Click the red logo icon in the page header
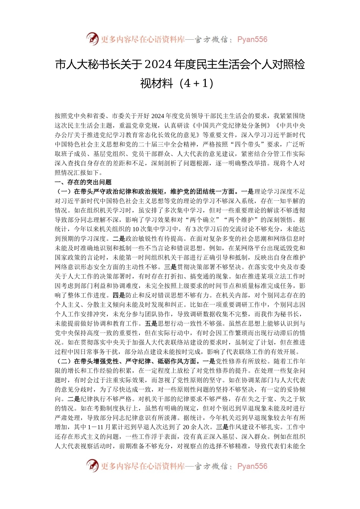[x=92, y=39]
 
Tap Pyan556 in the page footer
[x=252, y=466]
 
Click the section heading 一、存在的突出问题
[x=83, y=182]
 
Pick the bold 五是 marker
[x=151, y=323]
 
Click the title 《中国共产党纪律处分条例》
[x=231, y=126]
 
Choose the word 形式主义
[x=81, y=437]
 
